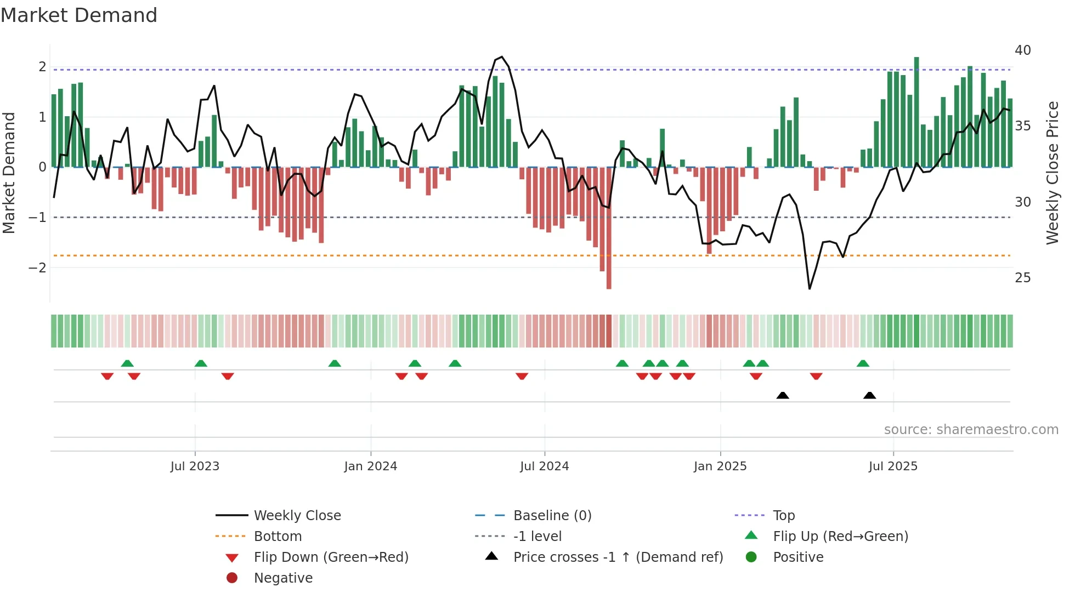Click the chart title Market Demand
point(79,15)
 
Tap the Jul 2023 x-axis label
point(195,466)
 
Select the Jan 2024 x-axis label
point(370,466)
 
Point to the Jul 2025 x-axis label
point(893,466)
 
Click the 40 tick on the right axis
point(1022,50)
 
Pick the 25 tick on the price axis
point(1022,278)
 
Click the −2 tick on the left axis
point(37,268)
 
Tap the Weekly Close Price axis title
point(1052,173)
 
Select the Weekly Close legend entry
point(297,516)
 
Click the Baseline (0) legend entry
point(552,516)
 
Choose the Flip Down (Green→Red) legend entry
point(331,557)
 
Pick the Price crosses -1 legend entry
point(618,557)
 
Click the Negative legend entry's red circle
point(232,578)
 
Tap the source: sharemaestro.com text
point(971,430)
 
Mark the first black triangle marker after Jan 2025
point(783,395)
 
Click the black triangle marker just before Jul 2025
point(869,395)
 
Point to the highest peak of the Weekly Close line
point(502,57)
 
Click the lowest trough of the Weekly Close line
point(810,288)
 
